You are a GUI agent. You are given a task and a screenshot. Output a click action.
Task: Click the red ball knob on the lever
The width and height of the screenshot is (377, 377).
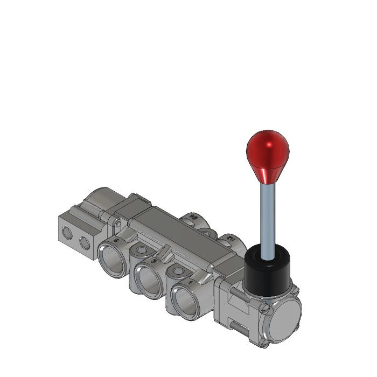tap(268, 152)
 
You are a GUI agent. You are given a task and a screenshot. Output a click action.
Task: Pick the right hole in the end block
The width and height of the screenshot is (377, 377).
tap(85, 242)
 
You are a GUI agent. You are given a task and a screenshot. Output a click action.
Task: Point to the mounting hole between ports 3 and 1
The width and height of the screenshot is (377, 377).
tap(178, 272)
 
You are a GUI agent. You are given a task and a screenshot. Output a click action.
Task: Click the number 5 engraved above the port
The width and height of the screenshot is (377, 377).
tap(117, 239)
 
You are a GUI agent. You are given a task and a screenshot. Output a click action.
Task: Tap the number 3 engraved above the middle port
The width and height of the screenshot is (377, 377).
tap(155, 261)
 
